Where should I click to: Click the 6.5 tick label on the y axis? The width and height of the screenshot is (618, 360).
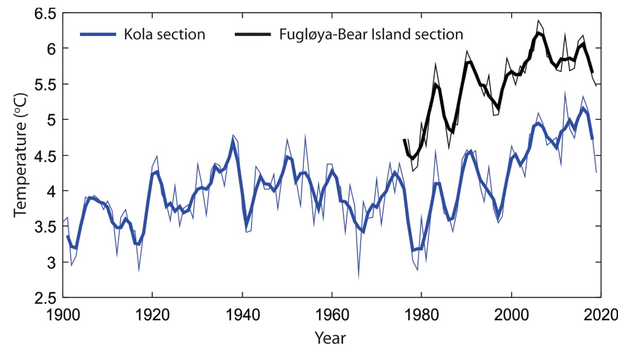[43, 14]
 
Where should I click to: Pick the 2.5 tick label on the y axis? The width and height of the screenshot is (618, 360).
[43, 298]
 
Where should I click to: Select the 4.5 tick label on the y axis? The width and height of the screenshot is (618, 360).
[43, 156]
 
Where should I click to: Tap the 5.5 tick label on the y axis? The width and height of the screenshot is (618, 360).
[43, 85]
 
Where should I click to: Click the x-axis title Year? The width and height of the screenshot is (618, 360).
[330, 338]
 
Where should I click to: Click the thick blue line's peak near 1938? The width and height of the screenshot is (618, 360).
[233, 143]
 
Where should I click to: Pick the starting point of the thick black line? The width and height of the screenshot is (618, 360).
[404, 140]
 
